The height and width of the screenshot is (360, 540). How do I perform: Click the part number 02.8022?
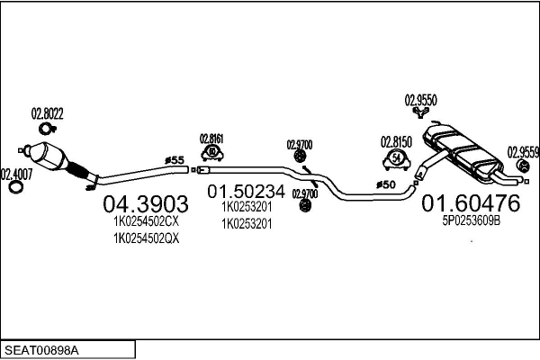[47, 113]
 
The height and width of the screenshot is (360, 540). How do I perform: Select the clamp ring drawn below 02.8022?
[46, 129]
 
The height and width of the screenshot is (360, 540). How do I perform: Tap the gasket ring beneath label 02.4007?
[15, 188]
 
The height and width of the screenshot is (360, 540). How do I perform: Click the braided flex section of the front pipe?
[78, 170]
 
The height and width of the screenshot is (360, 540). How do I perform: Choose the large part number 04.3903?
[146, 204]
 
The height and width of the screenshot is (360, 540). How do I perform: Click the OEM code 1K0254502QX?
[147, 238]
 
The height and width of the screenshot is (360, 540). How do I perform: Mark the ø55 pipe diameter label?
[175, 160]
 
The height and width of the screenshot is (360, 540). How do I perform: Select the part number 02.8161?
[211, 139]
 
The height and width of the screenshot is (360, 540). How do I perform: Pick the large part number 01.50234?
[247, 191]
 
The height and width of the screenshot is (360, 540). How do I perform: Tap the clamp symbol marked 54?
[396, 159]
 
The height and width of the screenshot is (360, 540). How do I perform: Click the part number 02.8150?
[396, 142]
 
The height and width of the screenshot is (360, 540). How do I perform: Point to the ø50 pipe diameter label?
[386, 185]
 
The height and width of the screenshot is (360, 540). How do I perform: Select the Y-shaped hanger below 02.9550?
[421, 112]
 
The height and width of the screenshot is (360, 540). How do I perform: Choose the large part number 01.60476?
[471, 202]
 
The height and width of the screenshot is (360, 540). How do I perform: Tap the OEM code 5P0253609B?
[471, 220]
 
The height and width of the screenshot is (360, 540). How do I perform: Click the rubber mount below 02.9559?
[523, 166]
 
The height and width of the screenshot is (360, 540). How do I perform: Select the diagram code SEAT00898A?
[41, 351]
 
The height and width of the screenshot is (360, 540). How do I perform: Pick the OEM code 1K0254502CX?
[147, 221]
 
